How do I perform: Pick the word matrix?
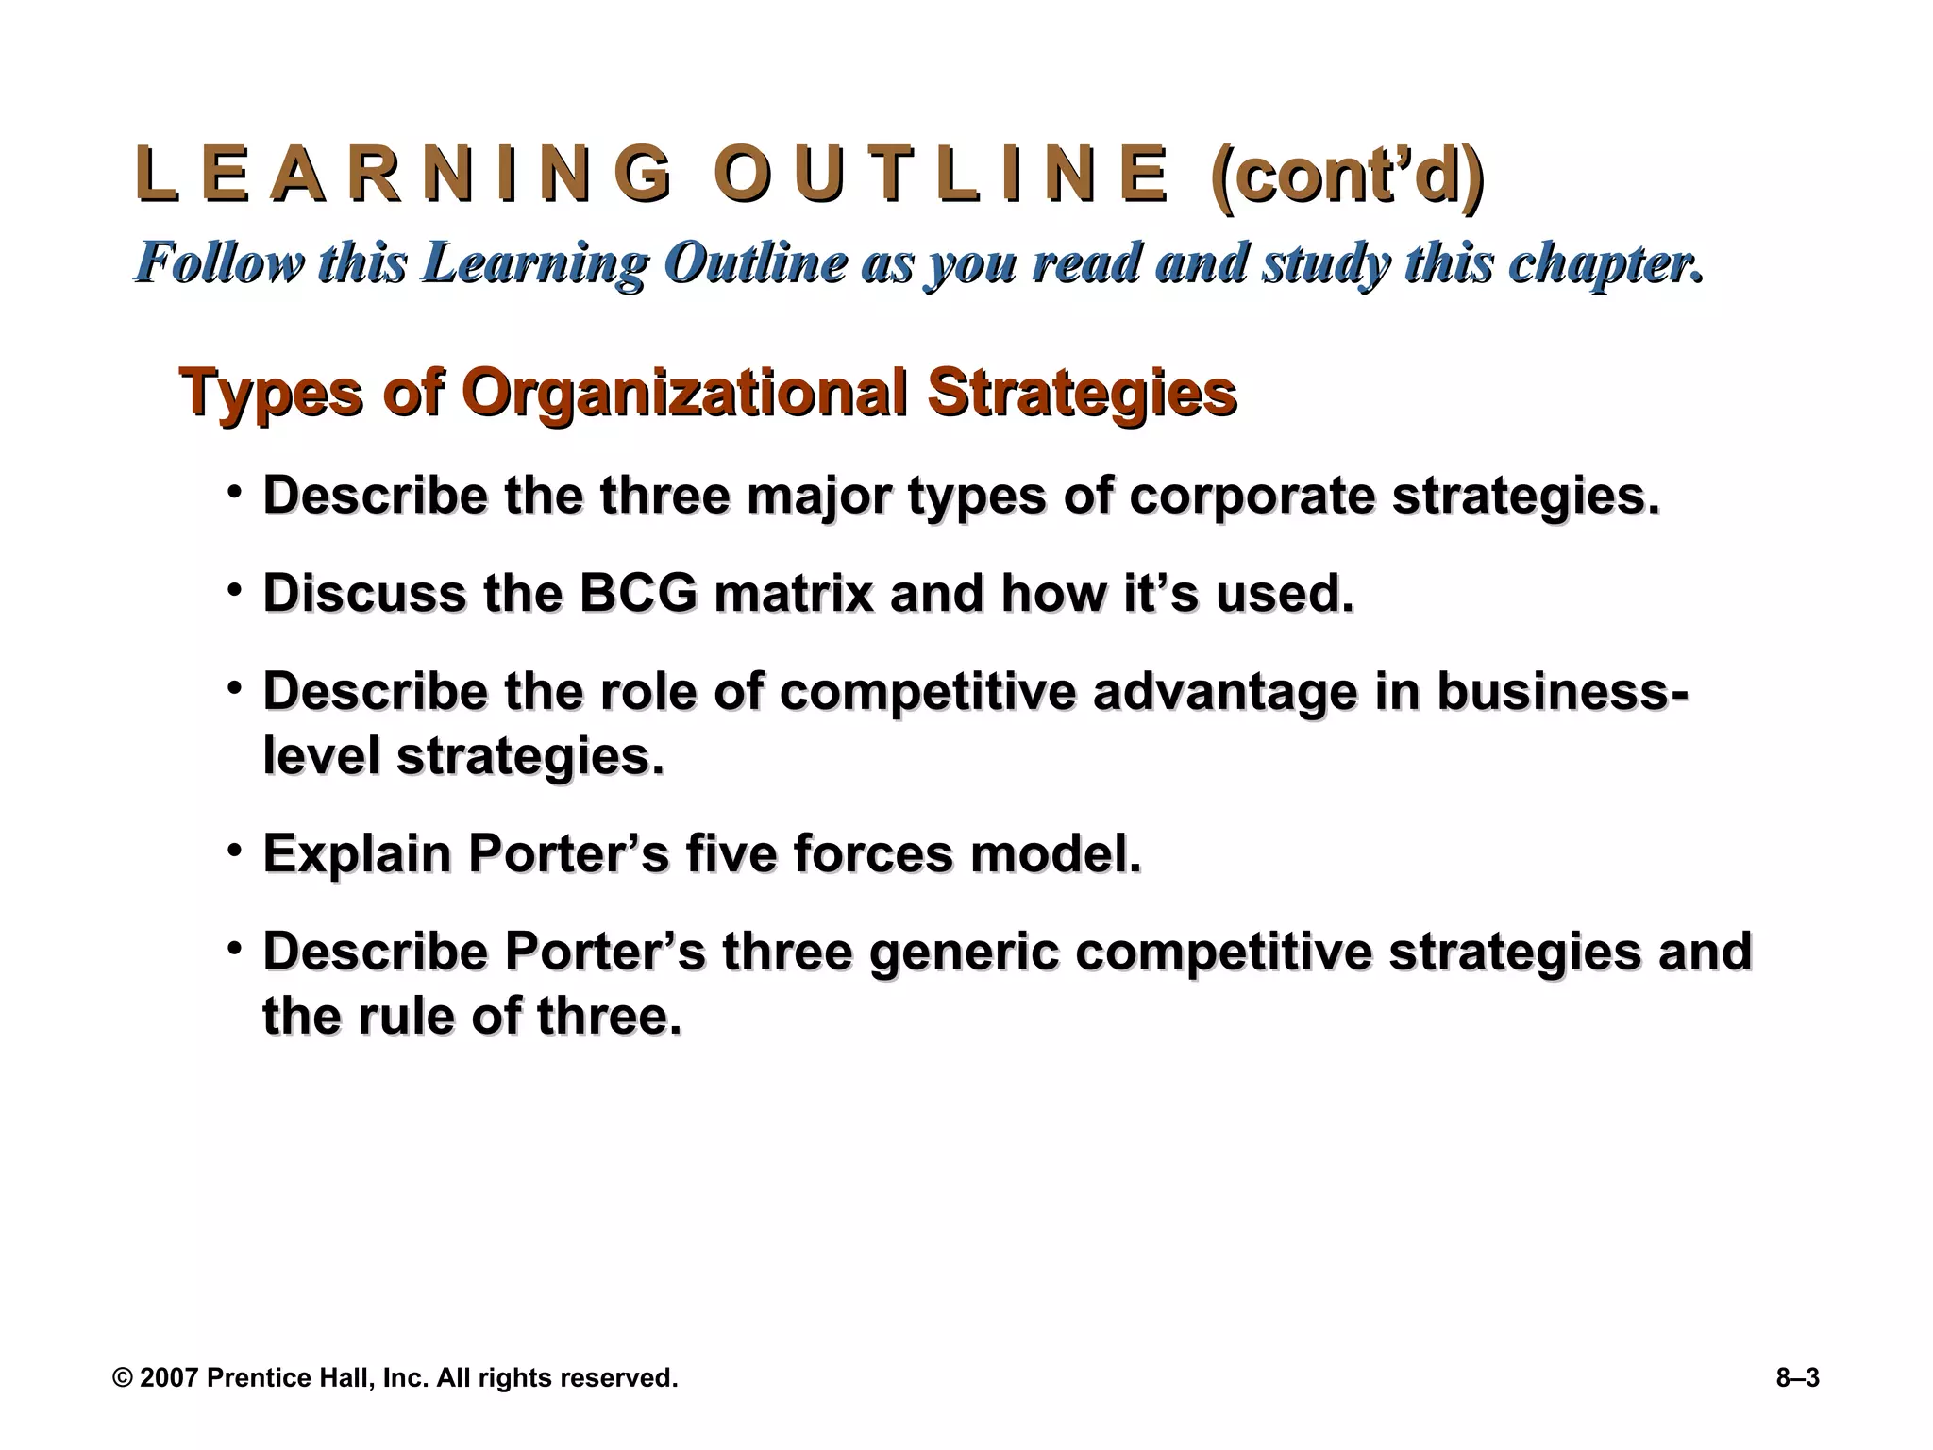tap(794, 594)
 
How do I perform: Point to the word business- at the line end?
tap(1563, 692)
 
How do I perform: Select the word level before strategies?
tap(321, 756)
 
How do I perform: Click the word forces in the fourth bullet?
tap(874, 854)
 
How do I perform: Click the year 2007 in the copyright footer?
tap(168, 1378)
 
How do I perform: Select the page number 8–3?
tap(1797, 1378)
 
